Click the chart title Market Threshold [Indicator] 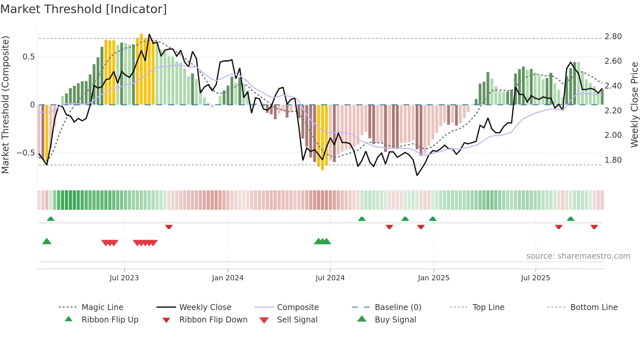84,9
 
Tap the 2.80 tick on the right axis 613,37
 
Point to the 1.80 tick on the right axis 613,160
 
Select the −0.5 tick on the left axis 26,153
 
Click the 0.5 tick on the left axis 28,57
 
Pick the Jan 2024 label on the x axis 228,278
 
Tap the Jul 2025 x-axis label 535,278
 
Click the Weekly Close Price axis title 634,105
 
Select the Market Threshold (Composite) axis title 5,105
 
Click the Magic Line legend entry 102,307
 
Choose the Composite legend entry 297,307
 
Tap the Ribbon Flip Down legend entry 213,320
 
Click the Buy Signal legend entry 395,320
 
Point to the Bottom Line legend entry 594,307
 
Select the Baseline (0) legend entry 398,307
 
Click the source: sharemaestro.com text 578,256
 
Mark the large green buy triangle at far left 47,241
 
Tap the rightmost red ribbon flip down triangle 594,227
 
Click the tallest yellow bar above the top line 141,36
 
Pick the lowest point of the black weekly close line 417,175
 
